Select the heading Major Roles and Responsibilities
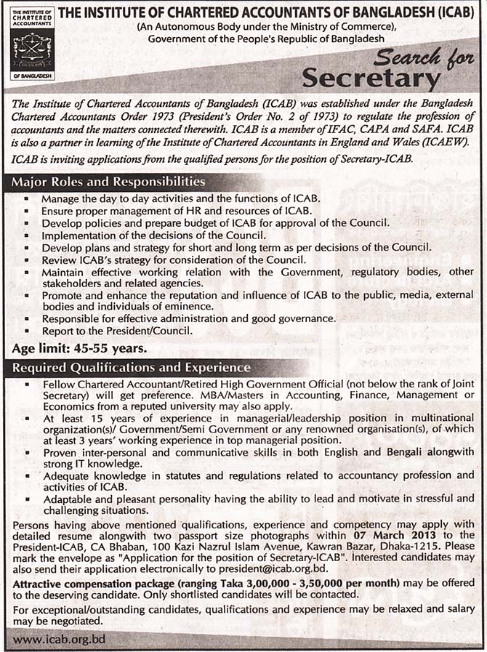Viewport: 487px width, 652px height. tap(109, 182)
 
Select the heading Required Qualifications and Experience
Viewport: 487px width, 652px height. tap(132, 368)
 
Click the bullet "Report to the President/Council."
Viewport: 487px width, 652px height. tap(117, 330)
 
